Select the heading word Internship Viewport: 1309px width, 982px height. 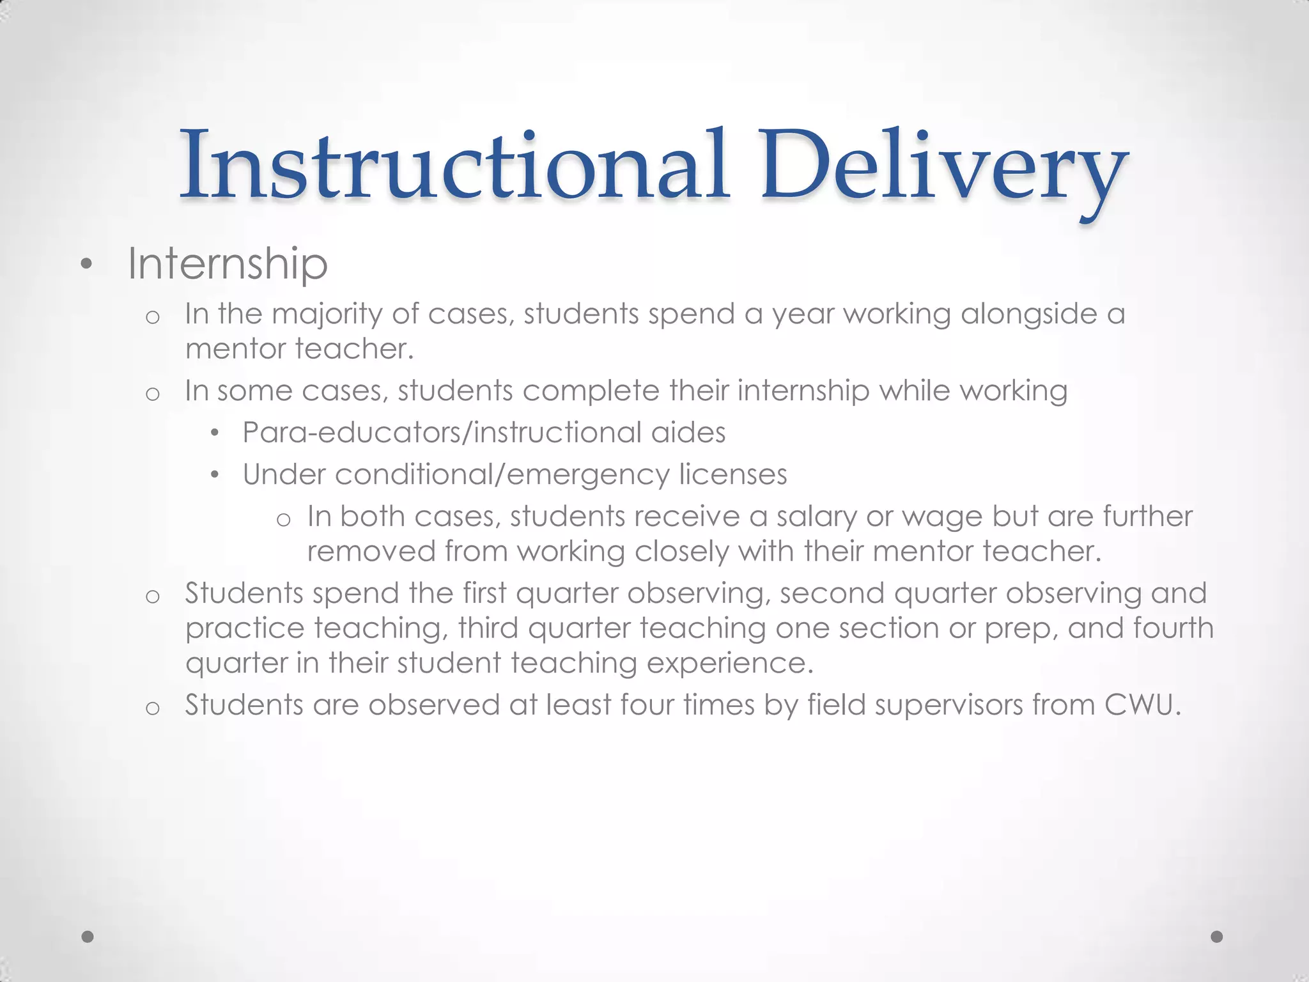[228, 263]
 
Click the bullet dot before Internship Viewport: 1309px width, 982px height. [87, 264]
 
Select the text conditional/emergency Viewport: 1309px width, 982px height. [501, 475]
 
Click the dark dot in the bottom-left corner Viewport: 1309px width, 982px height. [88, 937]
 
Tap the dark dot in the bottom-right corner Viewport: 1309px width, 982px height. [1217, 937]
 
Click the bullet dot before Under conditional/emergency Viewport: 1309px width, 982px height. [215, 476]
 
